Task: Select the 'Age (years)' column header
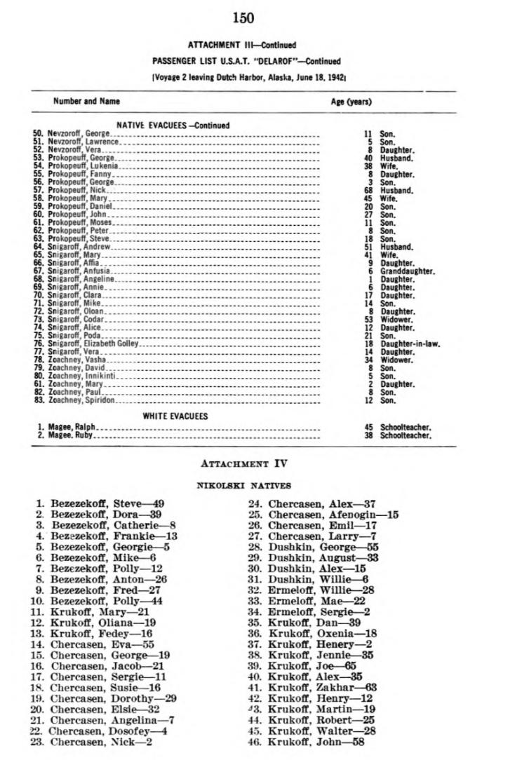pos(351,102)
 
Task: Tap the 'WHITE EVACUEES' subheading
pos(175,416)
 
